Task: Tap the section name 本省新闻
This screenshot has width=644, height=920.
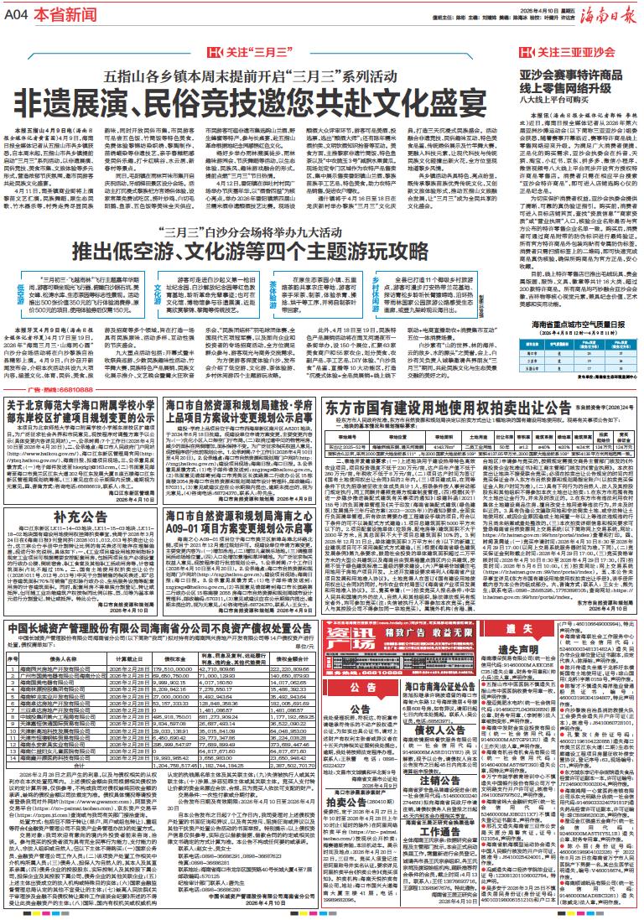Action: point(55,15)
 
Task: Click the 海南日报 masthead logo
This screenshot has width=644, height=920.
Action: point(607,16)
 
